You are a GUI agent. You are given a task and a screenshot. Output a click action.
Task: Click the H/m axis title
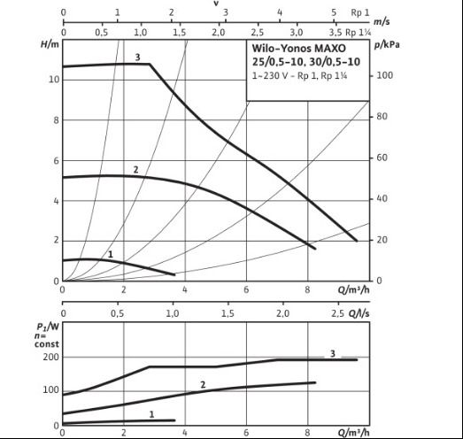click(x=50, y=44)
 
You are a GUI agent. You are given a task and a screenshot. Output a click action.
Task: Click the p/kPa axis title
click(x=387, y=45)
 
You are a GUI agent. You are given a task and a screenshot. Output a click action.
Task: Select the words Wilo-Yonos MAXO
click(x=299, y=48)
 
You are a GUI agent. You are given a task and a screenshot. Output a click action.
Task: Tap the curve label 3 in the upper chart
click(x=137, y=57)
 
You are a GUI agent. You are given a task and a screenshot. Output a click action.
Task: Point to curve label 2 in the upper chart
click(x=135, y=169)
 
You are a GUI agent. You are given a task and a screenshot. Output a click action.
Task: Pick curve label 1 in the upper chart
click(x=111, y=254)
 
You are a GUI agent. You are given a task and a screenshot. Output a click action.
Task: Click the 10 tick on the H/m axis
click(x=54, y=80)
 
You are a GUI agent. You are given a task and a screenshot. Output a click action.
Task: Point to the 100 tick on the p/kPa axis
click(x=385, y=75)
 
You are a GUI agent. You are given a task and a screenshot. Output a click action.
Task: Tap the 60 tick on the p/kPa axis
click(x=382, y=158)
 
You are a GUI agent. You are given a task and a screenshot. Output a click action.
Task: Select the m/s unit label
click(x=382, y=21)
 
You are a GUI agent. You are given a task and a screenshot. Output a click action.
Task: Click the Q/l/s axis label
click(x=359, y=313)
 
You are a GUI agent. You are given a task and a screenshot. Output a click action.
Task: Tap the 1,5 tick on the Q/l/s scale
click(x=228, y=313)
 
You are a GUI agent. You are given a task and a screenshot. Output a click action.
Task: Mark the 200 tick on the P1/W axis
click(x=50, y=357)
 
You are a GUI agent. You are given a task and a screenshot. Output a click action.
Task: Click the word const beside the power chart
click(x=47, y=344)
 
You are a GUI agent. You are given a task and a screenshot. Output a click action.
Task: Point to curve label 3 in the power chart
click(x=333, y=353)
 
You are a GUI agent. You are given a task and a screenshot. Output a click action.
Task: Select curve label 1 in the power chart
click(x=151, y=414)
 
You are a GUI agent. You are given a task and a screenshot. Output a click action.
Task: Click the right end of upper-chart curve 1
click(x=174, y=275)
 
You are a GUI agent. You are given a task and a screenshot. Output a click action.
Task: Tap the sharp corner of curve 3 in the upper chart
click(x=150, y=64)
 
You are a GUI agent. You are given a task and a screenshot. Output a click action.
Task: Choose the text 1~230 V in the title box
click(x=269, y=76)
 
